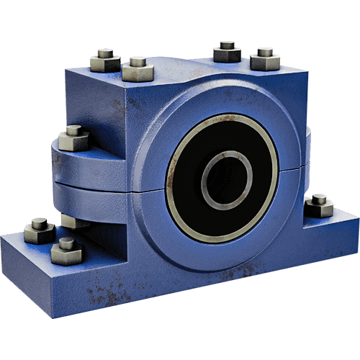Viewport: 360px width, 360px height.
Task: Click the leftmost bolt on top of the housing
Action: [x=106, y=59]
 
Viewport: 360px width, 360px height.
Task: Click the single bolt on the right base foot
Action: [x=318, y=206]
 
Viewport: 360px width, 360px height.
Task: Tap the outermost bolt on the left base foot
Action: [x=39, y=230]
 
